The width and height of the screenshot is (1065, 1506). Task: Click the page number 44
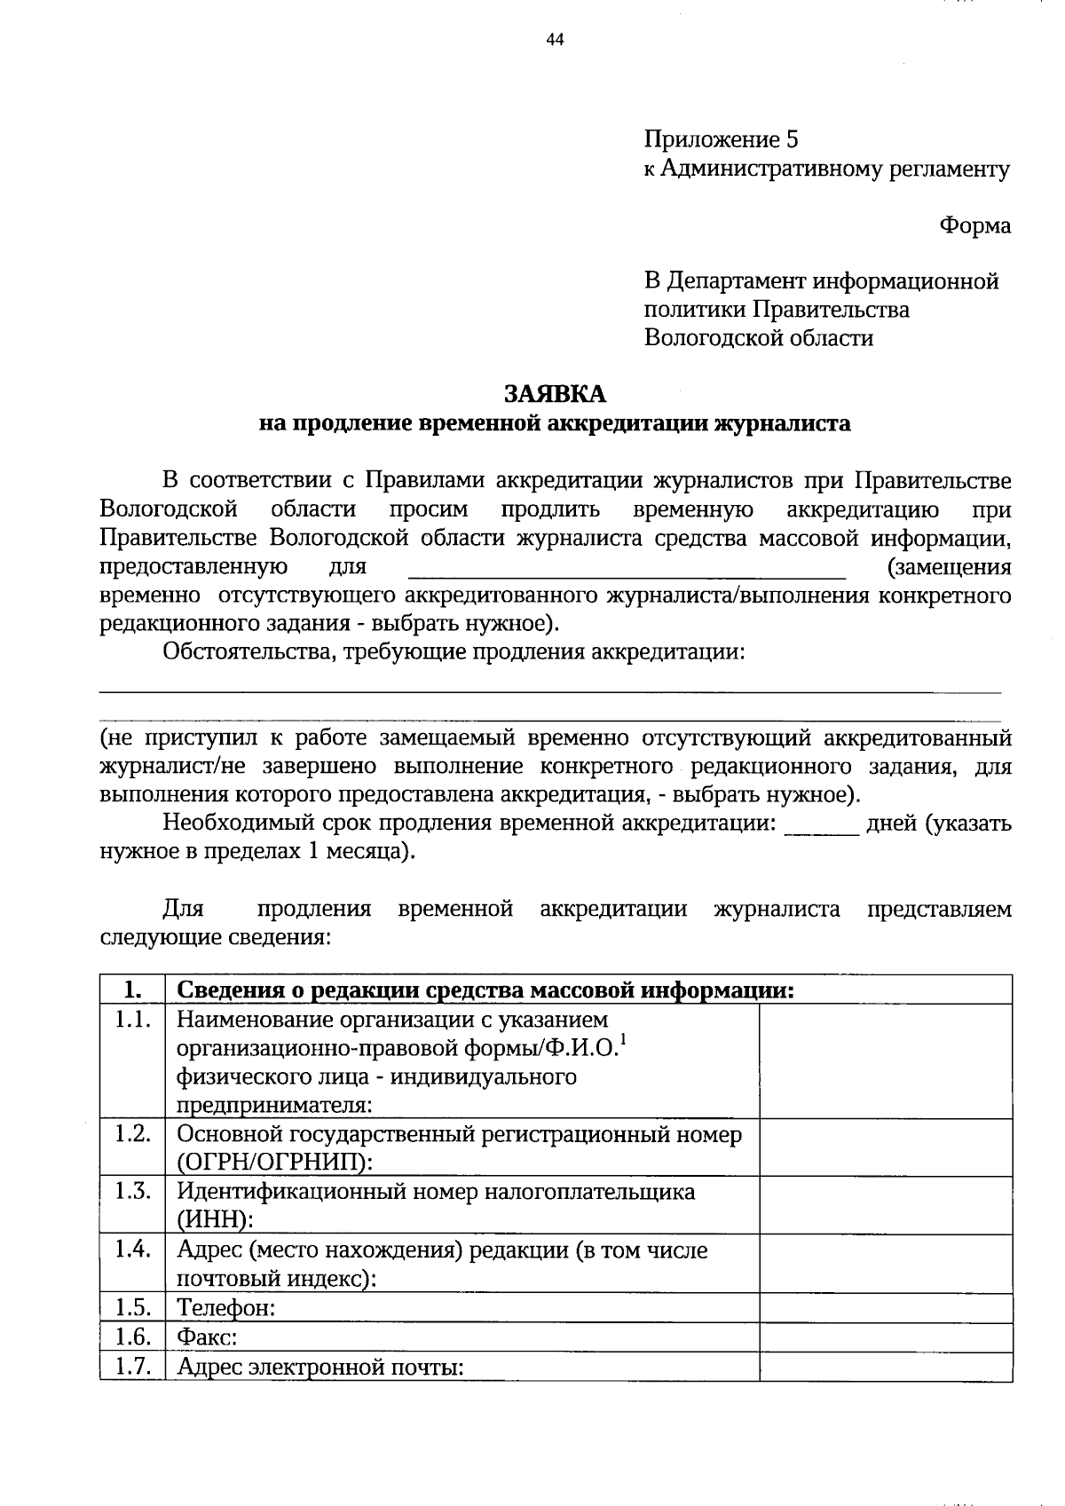[556, 39]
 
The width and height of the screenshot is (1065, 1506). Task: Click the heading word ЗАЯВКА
[555, 393]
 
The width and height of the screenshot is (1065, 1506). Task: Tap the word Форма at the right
[975, 225]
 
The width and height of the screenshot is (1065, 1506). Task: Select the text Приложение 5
[722, 139]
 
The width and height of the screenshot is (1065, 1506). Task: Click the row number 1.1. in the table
[132, 1020]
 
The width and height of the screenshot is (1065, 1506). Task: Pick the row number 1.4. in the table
[132, 1250]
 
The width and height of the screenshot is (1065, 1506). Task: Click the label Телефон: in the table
[226, 1307]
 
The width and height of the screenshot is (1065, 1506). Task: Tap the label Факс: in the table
[207, 1336]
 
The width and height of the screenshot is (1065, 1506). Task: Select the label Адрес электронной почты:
[321, 1366]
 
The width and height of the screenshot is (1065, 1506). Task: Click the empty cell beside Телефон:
[886, 1307]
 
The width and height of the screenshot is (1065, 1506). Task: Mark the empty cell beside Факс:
[886, 1336]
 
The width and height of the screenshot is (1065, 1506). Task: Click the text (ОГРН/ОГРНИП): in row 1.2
[275, 1163]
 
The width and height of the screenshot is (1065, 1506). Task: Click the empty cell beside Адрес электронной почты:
[886, 1366]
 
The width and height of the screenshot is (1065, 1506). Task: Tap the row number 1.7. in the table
[132, 1366]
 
